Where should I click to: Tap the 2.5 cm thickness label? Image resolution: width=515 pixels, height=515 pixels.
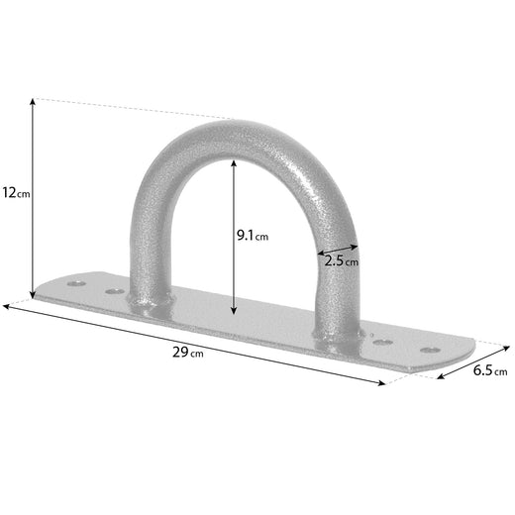tap(342, 260)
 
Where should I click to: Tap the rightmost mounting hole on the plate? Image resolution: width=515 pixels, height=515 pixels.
tap(429, 350)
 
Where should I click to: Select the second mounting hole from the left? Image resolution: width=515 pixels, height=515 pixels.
tap(115, 292)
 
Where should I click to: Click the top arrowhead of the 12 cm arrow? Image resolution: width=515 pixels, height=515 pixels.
tap(35, 101)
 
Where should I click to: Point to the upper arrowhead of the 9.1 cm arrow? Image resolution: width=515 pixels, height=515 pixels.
tap(233, 164)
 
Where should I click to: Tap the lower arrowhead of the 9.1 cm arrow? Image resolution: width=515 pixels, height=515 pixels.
tap(233, 309)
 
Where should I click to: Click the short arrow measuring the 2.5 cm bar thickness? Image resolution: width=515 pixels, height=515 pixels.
tap(338, 247)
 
